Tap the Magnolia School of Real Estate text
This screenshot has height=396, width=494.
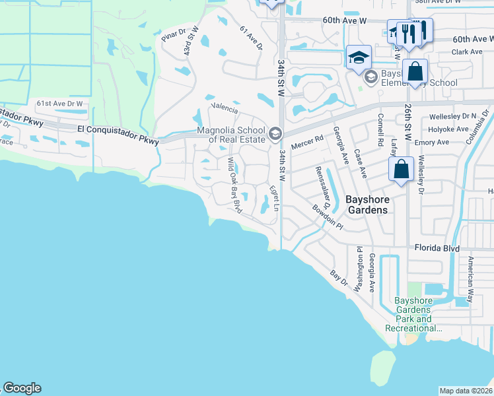click(230, 135)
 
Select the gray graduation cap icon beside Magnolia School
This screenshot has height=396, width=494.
click(275, 135)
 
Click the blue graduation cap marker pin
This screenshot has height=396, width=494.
click(359, 57)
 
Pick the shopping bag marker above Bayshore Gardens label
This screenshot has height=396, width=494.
click(402, 170)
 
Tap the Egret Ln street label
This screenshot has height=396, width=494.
click(273, 197)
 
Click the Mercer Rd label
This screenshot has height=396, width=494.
click(309, 139)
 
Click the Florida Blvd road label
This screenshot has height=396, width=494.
click(437, 248)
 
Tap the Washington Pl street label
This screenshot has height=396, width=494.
click(359, 269)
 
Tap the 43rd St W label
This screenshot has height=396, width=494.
click(188, 44)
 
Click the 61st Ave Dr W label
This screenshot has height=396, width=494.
click(60, 104)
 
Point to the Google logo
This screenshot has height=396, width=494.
click(22, 388)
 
